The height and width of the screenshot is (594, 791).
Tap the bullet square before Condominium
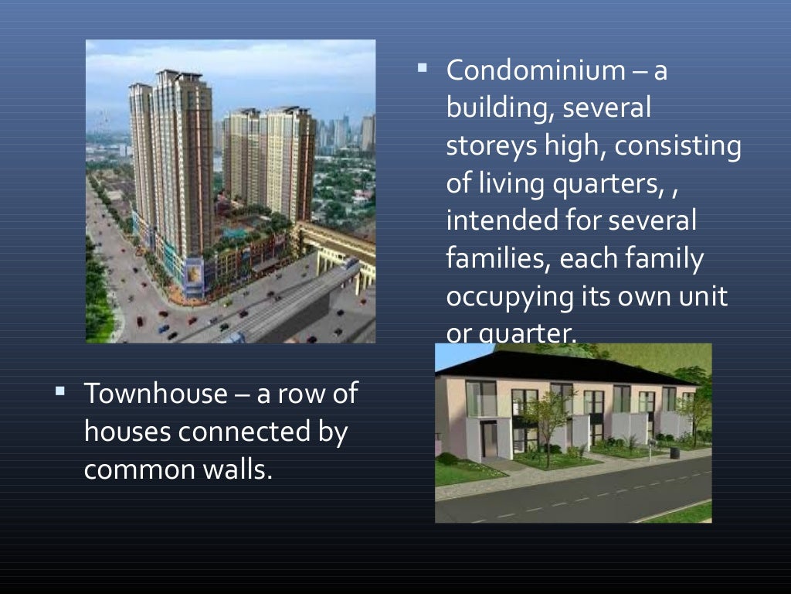(423, 68)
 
